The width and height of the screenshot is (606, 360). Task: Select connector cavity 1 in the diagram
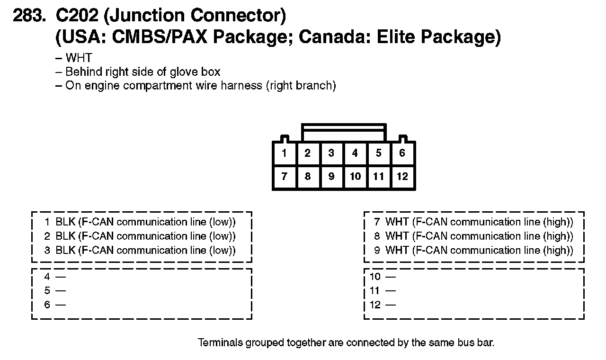(x=284, y=153)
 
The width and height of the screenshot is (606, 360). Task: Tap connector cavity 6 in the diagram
(x=402, y=153)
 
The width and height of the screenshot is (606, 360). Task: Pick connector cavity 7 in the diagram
(x=284, y=177)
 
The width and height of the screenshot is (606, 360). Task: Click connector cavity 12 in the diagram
(x=402, y=177)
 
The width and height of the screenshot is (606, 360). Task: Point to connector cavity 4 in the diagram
(x=355, y=153)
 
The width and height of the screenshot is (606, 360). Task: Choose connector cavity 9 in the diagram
(x=331, y=177)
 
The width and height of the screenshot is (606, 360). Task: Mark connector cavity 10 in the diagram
(x=355, y=177)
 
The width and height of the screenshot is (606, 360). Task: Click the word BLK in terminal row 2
(x=65, y=236)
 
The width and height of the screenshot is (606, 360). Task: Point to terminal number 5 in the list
(x=47, y=290)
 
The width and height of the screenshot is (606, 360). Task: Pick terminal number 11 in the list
(x=375, y=290)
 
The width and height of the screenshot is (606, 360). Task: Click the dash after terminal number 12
(x=390, y=305)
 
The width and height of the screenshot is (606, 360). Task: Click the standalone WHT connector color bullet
(x=79, y=58)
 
